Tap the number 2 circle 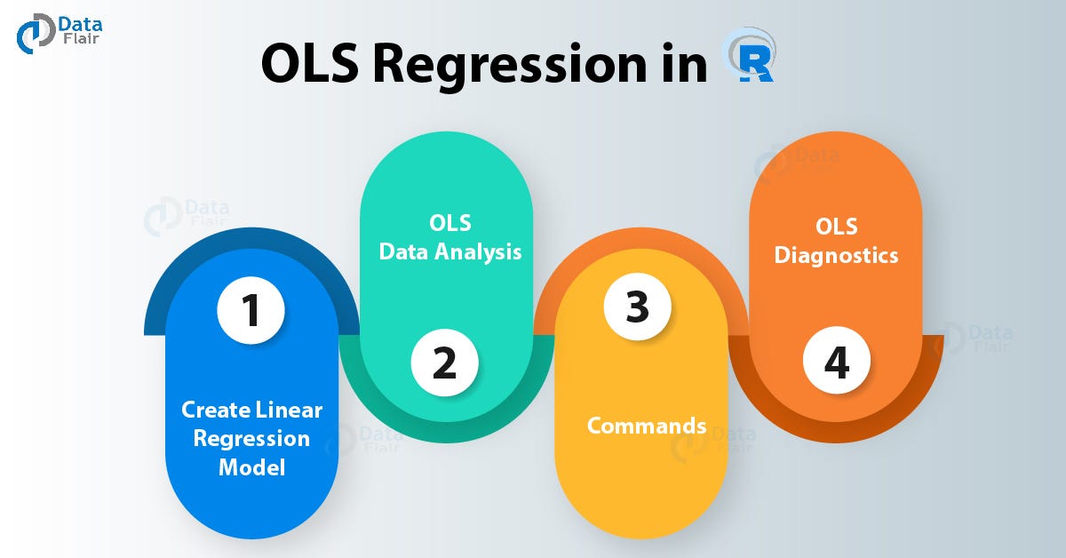(444, 363)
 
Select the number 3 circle (637, 307)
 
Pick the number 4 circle (836, 363)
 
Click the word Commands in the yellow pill (647, 426)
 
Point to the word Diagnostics (836, 256)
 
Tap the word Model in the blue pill (251, 466)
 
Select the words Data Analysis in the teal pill (450, 251)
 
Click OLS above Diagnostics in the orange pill (836, 227)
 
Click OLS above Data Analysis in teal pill (449, 222)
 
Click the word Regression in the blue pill (251, 438)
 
